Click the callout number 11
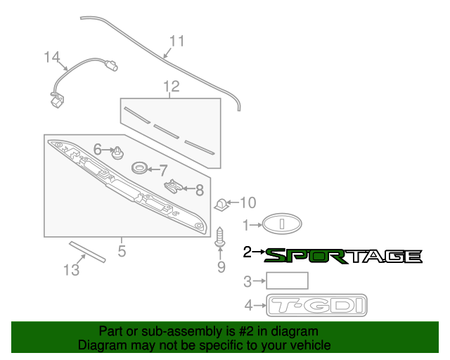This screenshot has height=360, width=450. pyautogui.click(x=176, y=41)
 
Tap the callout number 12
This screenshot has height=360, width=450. pyautogui.click(x=172, y=86)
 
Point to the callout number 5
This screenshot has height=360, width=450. pyautogui.click(x=122, y=250)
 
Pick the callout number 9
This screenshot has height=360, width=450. pyautogui.click(x=221, y=266)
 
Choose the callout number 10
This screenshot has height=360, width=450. pyautogui.click(x=248, y=203)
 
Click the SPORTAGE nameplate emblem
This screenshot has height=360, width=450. pyautogui.click(x=343, y=256)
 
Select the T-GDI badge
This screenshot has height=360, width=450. pyautogui.click(x=317, y=306)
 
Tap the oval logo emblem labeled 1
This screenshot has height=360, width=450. pyautogui.click(x=283, y=225)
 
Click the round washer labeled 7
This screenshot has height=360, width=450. pyautogui.click(x=140, y=169)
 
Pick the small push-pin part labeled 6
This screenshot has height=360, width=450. pyautogui.click(x=118, y=151)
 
